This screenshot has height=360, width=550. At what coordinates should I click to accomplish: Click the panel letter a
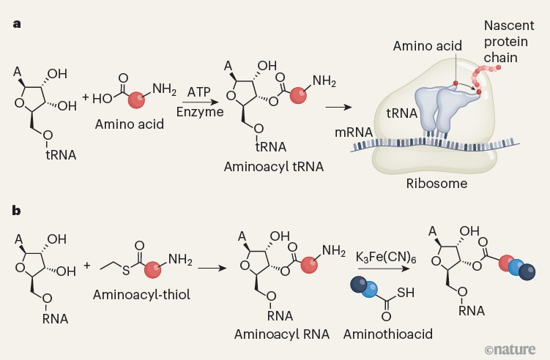[16, 23]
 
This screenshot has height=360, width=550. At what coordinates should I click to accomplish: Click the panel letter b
[16, 211]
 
